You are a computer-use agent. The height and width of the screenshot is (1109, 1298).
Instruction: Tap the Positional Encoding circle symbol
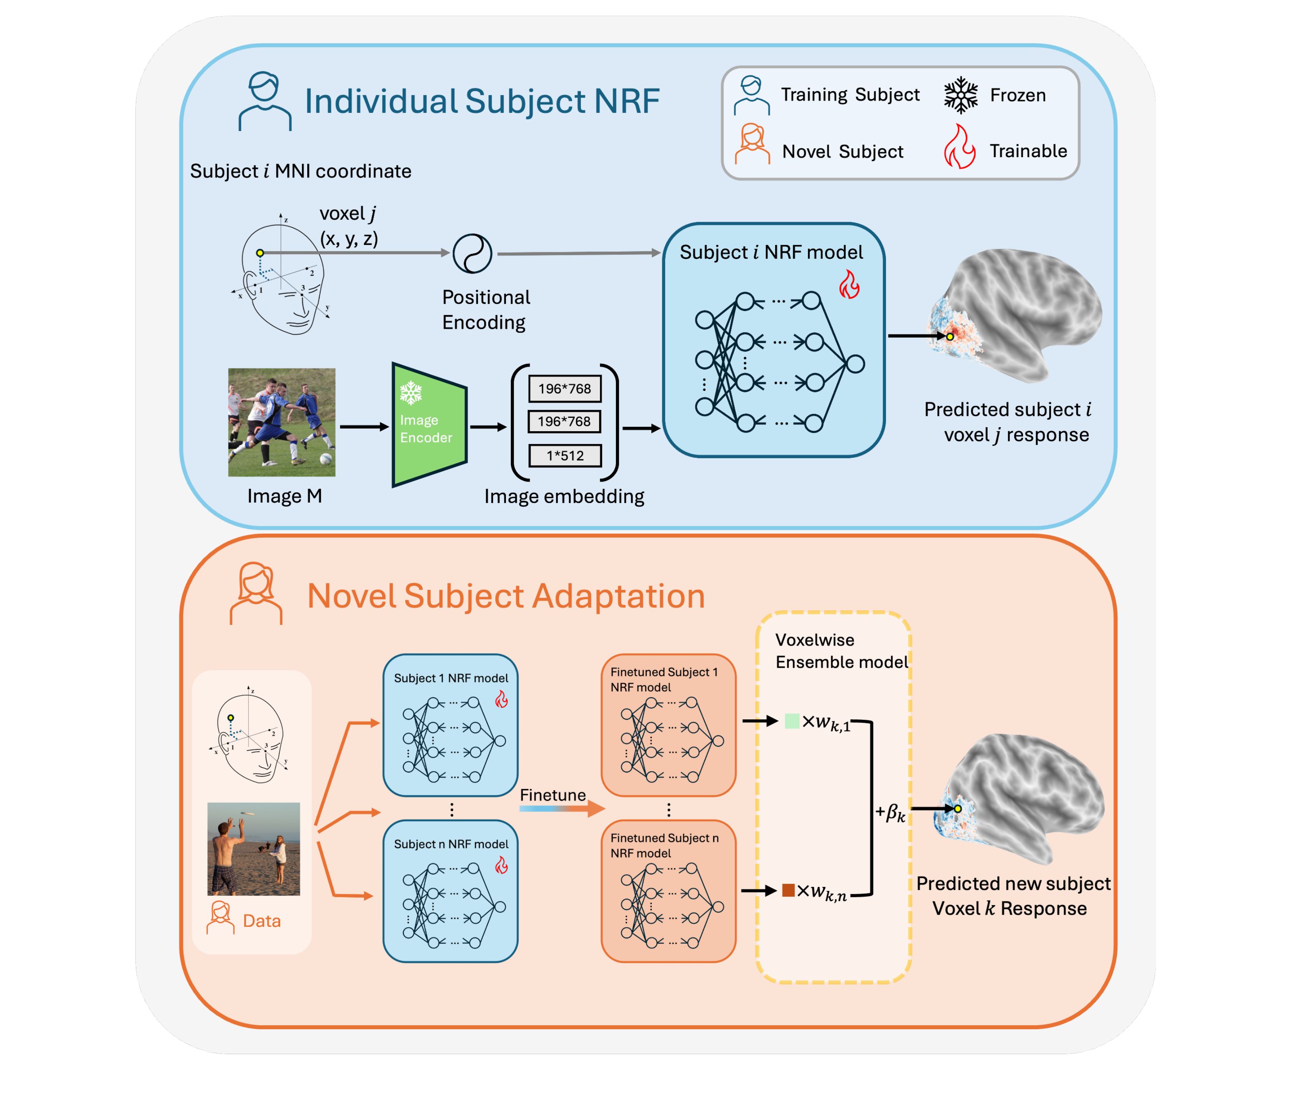(472, 253)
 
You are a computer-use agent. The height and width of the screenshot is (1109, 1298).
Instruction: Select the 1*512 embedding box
(565, 455)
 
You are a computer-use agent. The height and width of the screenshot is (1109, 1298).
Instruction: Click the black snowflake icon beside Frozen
(960, 95)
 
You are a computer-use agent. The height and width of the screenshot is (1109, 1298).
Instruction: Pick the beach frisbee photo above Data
(254, 849)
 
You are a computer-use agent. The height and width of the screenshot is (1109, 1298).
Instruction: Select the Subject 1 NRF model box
(450, 725)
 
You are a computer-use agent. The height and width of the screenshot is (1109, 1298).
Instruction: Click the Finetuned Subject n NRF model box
(668, 891)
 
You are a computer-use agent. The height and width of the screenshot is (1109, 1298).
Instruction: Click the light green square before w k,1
(792, 721)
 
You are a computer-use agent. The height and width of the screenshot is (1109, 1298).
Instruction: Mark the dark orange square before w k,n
(788, 890)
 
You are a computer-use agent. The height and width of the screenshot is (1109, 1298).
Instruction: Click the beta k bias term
(891, 813)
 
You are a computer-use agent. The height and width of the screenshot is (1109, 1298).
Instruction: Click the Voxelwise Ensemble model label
(841, 651)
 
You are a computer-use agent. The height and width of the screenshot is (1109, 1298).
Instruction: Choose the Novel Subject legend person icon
(752, 145)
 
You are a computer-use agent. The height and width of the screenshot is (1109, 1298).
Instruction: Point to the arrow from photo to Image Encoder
(364, 426)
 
